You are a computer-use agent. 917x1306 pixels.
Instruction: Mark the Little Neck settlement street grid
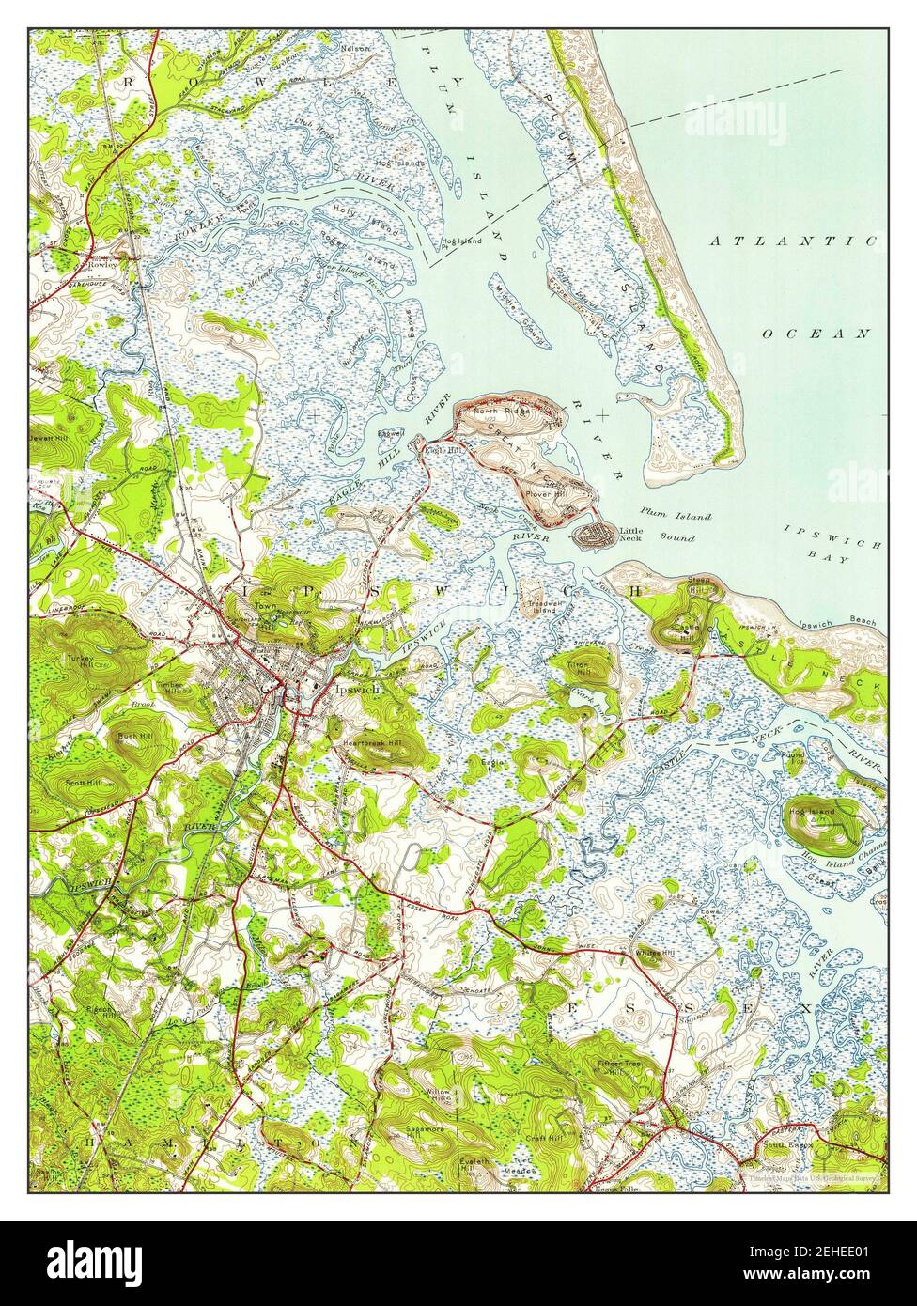click(593, 536)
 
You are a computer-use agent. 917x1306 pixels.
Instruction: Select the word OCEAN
click(816, 334)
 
